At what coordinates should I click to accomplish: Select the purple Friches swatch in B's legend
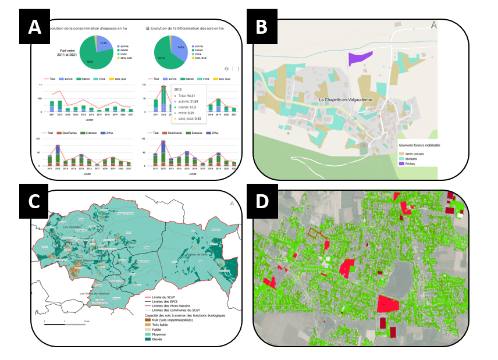(402, 164)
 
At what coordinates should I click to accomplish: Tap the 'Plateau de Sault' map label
(197, 254)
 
